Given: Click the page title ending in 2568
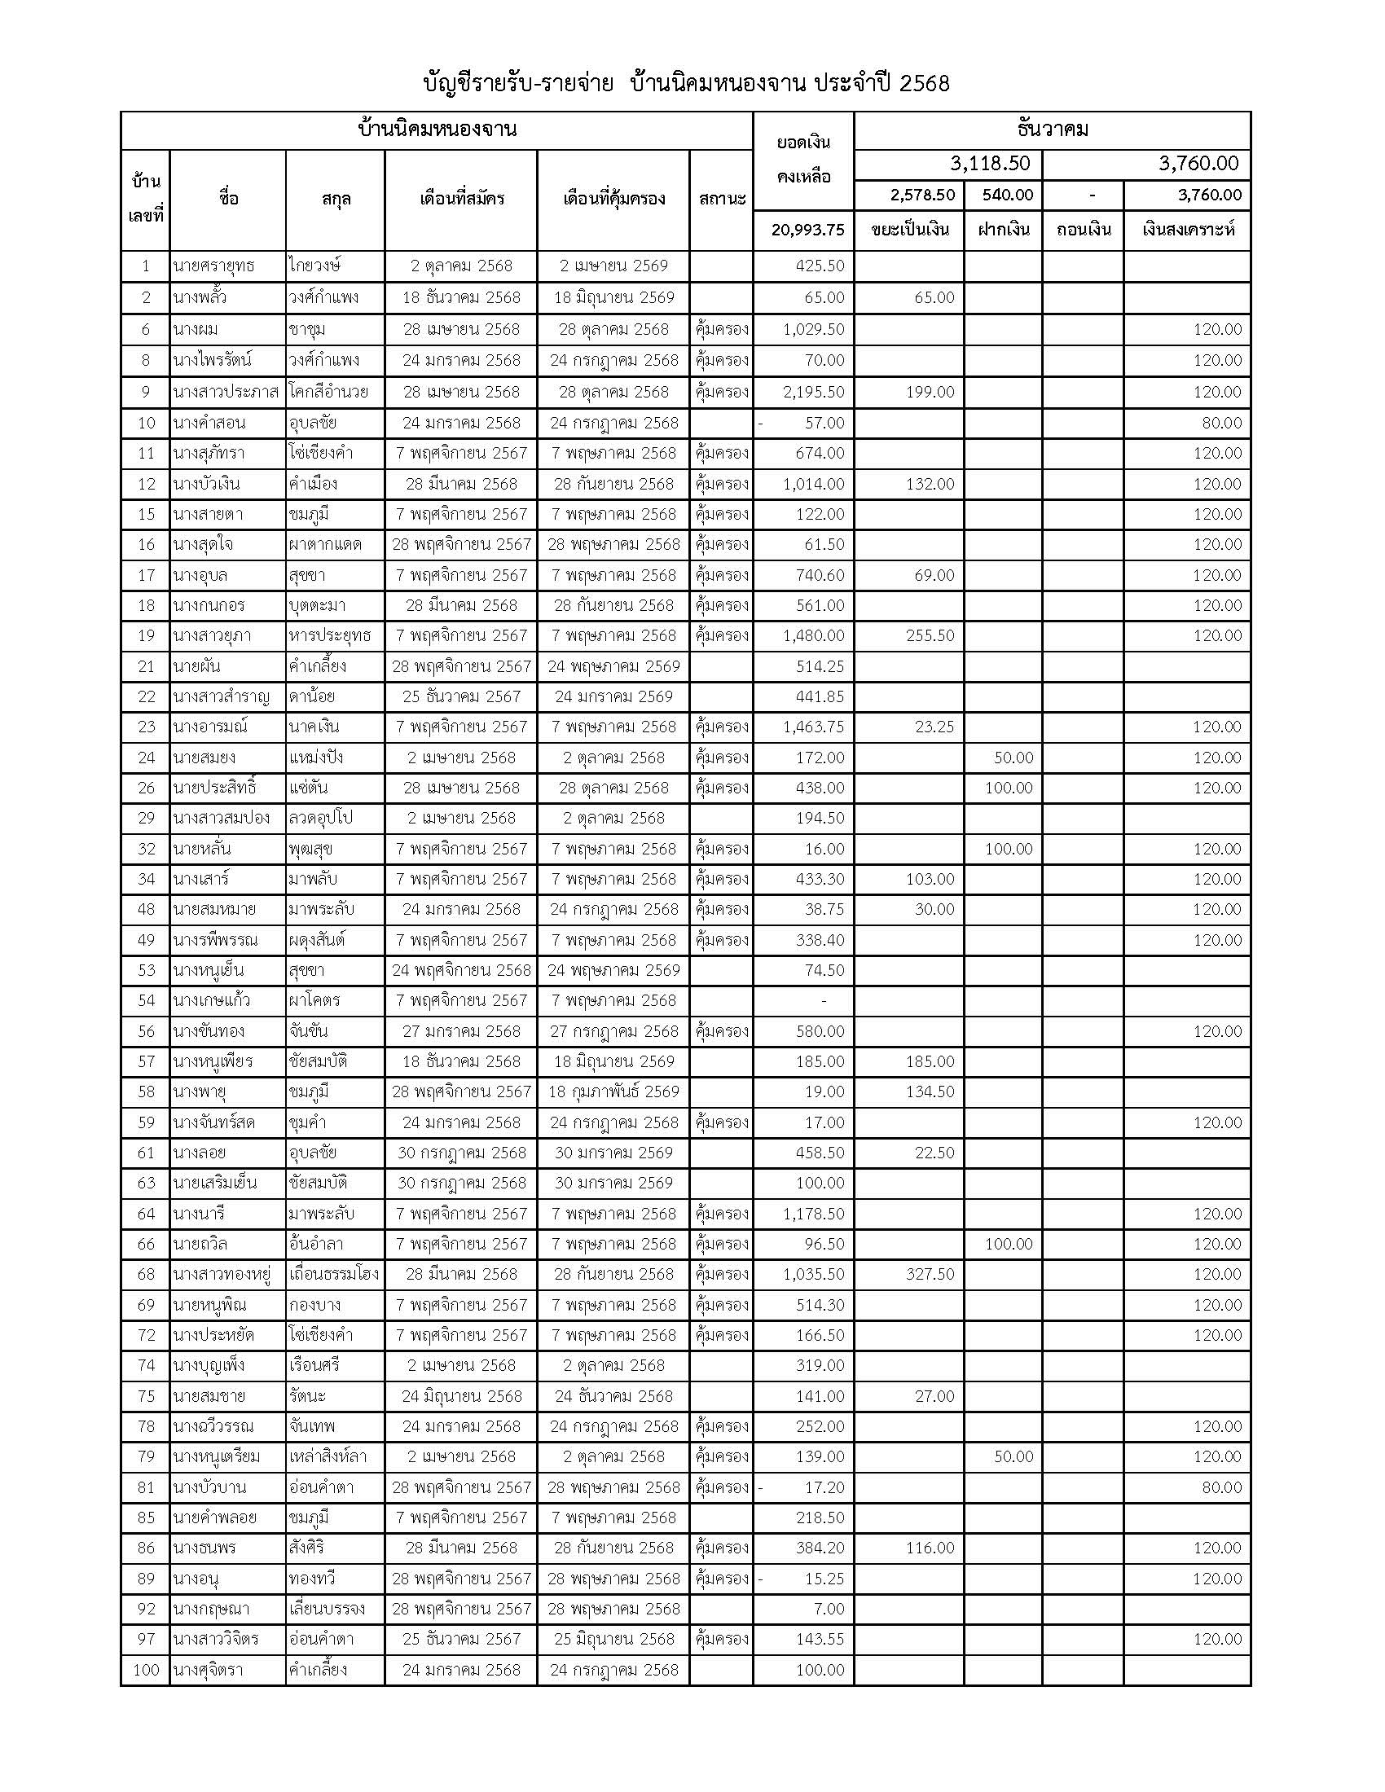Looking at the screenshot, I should (x=686, y=84).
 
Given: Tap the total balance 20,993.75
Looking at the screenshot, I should (x=807, y=230).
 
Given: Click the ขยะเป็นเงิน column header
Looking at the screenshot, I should (x=909, y=230).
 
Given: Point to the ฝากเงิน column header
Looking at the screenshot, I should (x=1003, y=230).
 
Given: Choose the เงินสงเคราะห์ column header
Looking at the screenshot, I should (x=1187, y=230).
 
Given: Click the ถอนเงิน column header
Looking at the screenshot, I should (x=1083, y=230).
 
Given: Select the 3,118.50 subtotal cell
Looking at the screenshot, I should (x=990, y=163).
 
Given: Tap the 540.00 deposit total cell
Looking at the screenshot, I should (x=1003, y=195).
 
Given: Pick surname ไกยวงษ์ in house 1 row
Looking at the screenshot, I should (x=315, y=266).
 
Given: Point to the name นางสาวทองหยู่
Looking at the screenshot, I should (x=222, y=1274).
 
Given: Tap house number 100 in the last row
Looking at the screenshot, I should (x=146, y=1670).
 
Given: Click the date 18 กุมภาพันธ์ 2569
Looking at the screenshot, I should (x=613, y=1092).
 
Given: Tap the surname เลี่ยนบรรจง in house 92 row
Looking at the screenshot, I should (x=327, y=1609).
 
